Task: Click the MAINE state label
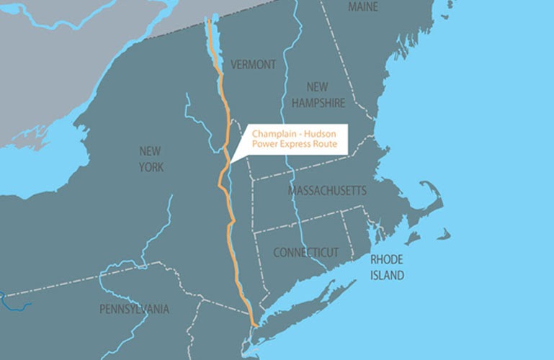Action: pos(363,6)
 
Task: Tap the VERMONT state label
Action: pos(253,65)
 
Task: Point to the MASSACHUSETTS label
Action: pos(327,191)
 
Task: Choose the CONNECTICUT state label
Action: pos(305,253)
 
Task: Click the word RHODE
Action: pos(386,259)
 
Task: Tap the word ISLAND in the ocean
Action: pos(387,275)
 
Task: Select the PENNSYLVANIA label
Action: pos(134,310)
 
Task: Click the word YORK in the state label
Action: pos(152,168)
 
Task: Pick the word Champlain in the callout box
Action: pos(274,133)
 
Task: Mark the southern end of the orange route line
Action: pos(254,326)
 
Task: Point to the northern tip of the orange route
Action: pos(210,20)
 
